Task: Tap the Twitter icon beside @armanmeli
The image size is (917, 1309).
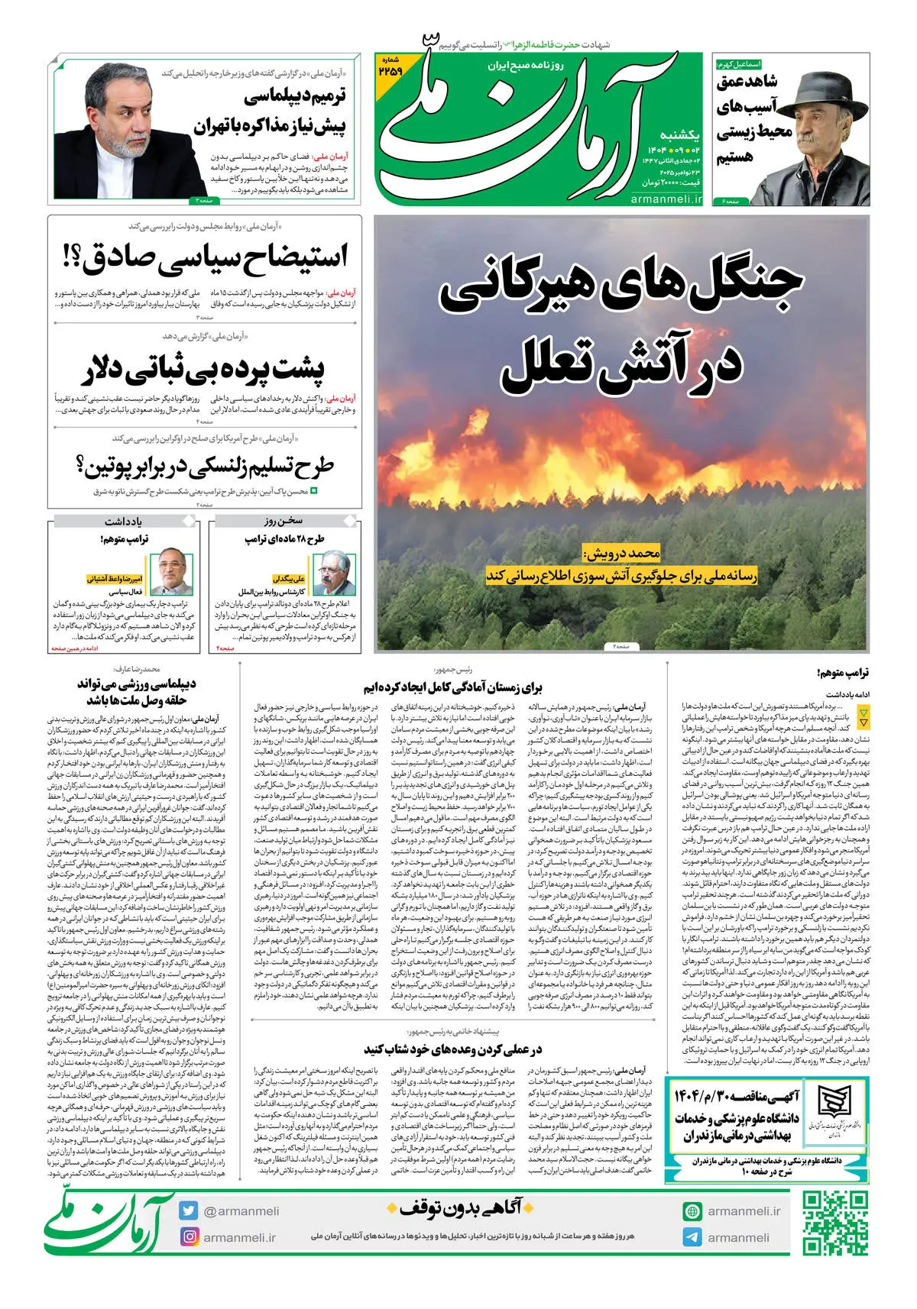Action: coord(190,1210)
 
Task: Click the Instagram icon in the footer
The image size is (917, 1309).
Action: coord(190,1236)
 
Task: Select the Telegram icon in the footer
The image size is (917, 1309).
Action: coord(692,1237)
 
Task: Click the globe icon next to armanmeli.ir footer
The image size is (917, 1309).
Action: coord(692,1211)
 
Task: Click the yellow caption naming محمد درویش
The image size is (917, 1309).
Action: coord(621,551)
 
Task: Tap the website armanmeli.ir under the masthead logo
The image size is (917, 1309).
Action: coord(666,199)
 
